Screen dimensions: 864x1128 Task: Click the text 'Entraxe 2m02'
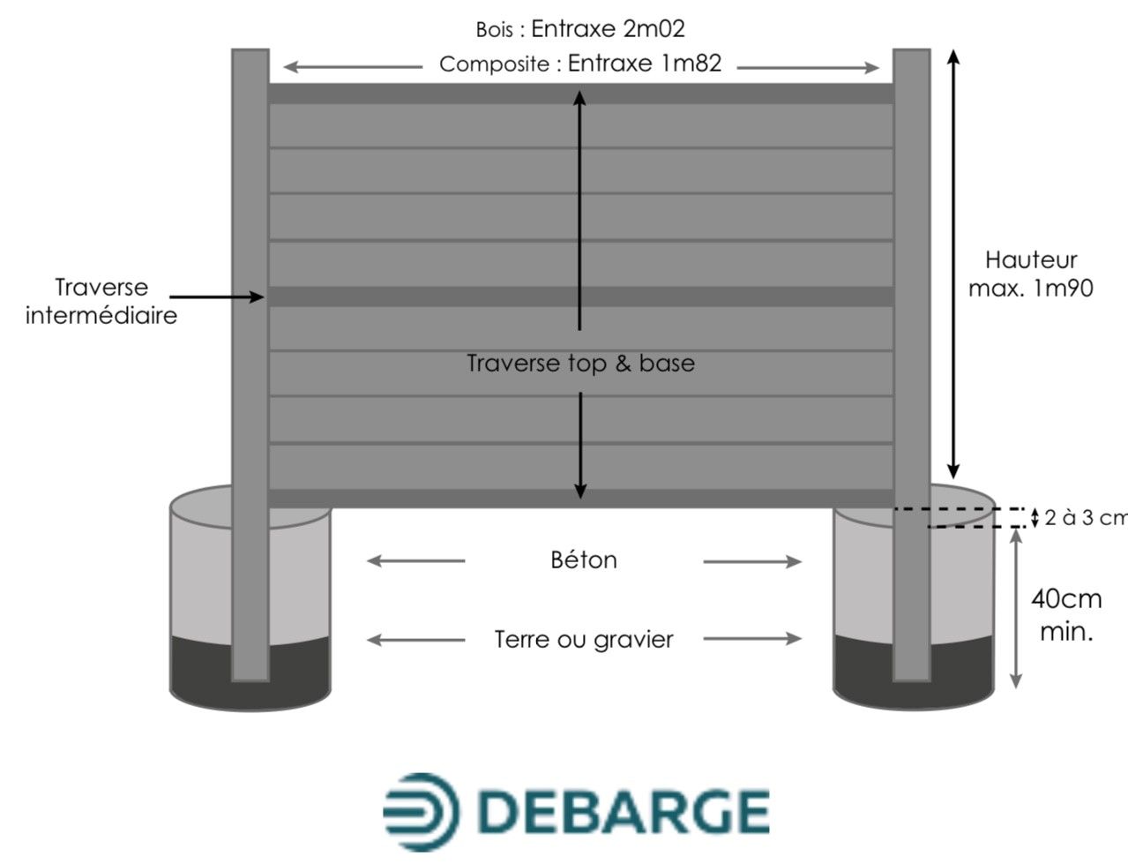click(x=608, y=28)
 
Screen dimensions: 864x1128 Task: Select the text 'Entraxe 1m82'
click(x=645, y=64)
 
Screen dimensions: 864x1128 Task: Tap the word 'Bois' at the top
click(x=495, y=29)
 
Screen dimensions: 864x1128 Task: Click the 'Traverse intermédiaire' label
click(x=101, y=301)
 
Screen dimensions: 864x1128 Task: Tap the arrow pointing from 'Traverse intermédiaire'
click(x=216, y=297)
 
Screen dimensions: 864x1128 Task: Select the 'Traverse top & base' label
click(x=580, y=363)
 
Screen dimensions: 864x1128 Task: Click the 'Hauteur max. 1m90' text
click(x=1030, y=274)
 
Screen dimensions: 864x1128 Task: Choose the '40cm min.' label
click(x=1066, y=614)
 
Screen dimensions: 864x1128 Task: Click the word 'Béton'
click(x=583, y=560)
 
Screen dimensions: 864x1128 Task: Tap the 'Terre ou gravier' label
click(x=583, y=639)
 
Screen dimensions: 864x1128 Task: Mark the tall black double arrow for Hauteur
click(x=952, y=265)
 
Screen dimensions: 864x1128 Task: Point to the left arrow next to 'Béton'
click(x=415, y=560)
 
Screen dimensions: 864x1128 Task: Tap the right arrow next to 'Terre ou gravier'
click(x=752, y=639)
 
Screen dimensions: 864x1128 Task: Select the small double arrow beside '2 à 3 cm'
click(x=1035, y=518)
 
